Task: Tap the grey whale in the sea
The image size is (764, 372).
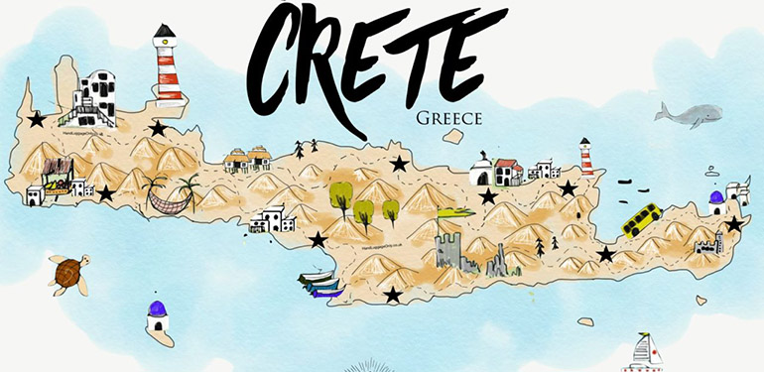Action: click(x=688, y=115)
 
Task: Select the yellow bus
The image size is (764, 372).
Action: click(x=642, y=219)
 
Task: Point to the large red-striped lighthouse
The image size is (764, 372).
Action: click(x=168, y=65)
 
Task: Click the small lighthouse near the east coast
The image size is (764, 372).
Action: click(x=586, y=157)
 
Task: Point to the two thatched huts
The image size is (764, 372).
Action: click(x=247, y=157)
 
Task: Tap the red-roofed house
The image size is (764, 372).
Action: click(x=508, y=172)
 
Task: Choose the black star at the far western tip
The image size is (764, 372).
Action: click(x=37, y=120)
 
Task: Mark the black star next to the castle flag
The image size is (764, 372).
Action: click(x=488, y=197)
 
